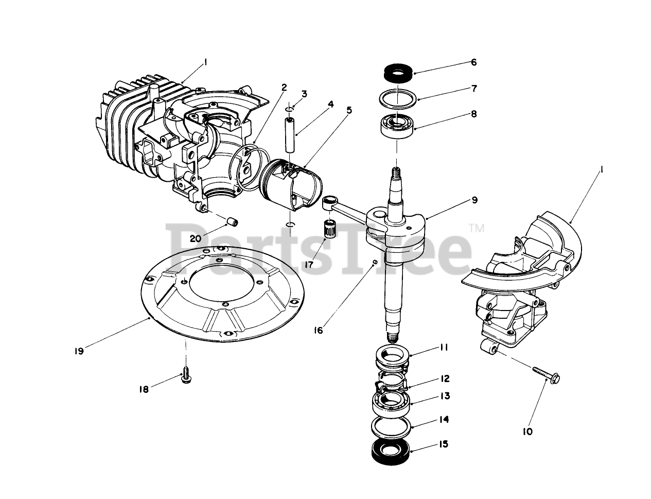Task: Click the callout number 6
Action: pos(473,62)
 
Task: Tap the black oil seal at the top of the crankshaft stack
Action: pos(398,73)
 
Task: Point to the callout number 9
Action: pos(474,199)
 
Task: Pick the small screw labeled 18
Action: pos(186,377)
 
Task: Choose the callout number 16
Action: pos(319,330)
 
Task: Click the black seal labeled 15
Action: pos(390,448)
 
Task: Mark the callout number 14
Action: pos(444,419)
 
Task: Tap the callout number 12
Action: pos(445,378)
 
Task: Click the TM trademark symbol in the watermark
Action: pos(477,229)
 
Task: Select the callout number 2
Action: pos(284,87)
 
